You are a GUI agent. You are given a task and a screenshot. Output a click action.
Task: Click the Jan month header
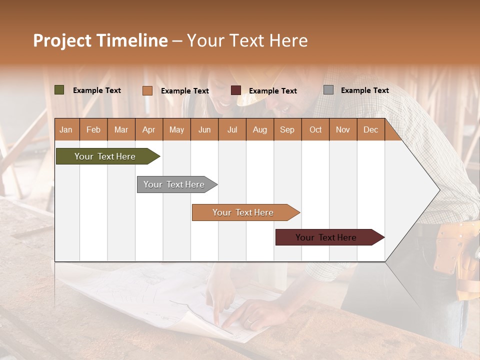(x=66, y=130)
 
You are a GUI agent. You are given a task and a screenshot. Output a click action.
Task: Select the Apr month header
(x=149, y=130)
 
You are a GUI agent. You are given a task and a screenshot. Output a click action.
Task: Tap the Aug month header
(x=259, y=130)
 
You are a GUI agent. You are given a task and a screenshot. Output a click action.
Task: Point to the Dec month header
(x=370, y=130)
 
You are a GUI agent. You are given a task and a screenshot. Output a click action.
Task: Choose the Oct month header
(x=315, y=130)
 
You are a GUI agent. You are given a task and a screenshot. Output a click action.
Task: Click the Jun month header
(x=204, y=130)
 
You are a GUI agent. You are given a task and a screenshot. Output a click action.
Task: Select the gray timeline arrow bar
(x=175, y=184)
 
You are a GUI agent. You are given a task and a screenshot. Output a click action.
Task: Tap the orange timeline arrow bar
(x=244, y=212)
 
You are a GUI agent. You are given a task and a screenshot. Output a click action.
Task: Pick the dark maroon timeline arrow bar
(x=327, y=237)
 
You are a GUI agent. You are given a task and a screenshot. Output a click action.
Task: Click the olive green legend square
(x=59, y=90)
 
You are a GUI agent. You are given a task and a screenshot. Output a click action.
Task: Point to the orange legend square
(x=147, y=90)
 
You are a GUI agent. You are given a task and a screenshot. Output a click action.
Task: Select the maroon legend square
(x=236, y=90)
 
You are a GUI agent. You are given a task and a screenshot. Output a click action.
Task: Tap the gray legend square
(x=328, y=90)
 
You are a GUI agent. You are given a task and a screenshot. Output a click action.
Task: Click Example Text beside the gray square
(x=364, y=90)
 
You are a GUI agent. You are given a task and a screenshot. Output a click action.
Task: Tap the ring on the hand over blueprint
(x=248, y=321)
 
